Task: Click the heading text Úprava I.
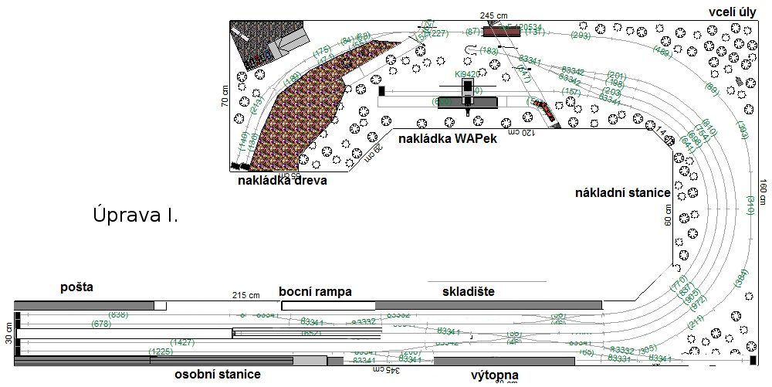click(136, 215)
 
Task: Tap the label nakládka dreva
click(283, 181)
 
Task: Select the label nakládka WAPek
click(447, 138)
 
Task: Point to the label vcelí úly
click(733, 13)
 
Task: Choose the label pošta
click(76, 287)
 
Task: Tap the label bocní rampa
click(315, 291)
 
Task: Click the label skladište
click(468, 291)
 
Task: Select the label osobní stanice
click(217, 374)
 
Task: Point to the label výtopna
click(494, 375)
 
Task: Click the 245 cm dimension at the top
click(493, 15)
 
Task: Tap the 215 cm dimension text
click(246, 295)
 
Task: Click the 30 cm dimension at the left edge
click(9, 333)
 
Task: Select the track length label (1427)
click(183, 341)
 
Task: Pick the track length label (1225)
click(161, 351)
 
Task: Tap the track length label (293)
click(581, 35)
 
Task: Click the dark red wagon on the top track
click(502, 31)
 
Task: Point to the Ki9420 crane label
click(467, 74)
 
